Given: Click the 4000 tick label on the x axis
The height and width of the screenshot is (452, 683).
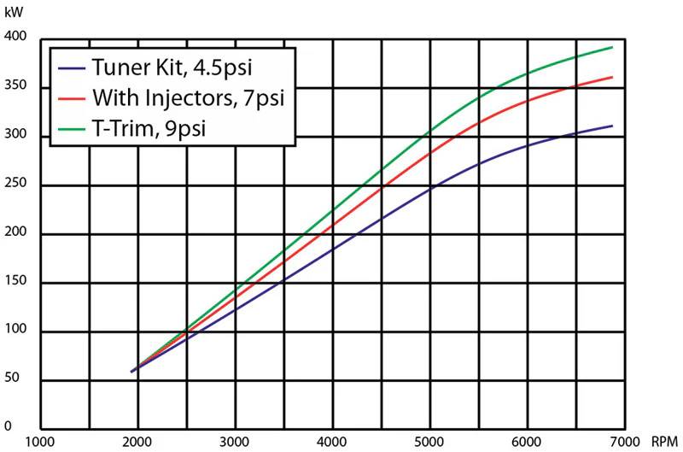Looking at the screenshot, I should [x=334, y=441].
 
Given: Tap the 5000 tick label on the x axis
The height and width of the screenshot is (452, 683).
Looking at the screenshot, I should [x=431, y=441].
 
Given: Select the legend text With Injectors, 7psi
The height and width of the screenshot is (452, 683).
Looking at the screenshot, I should [x=185, y=97].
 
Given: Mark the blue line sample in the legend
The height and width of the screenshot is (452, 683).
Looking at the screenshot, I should [x=73, y=68].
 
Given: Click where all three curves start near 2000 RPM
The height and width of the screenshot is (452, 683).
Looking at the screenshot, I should [x=131, y=372].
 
